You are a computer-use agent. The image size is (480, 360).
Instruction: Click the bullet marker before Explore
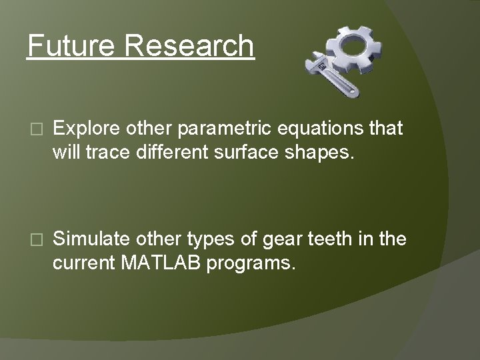click(x=36, y=129)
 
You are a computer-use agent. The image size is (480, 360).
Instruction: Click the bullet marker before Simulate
click(x=36, y=239)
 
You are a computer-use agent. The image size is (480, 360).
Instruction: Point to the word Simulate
click(x=91, y=239)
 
